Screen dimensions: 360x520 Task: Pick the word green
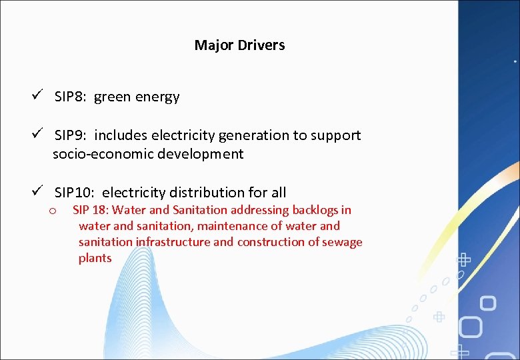(x=112, y=97)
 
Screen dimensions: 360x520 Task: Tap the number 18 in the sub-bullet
(x=101, y=210)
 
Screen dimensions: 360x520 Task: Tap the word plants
(x=95, y=258)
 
